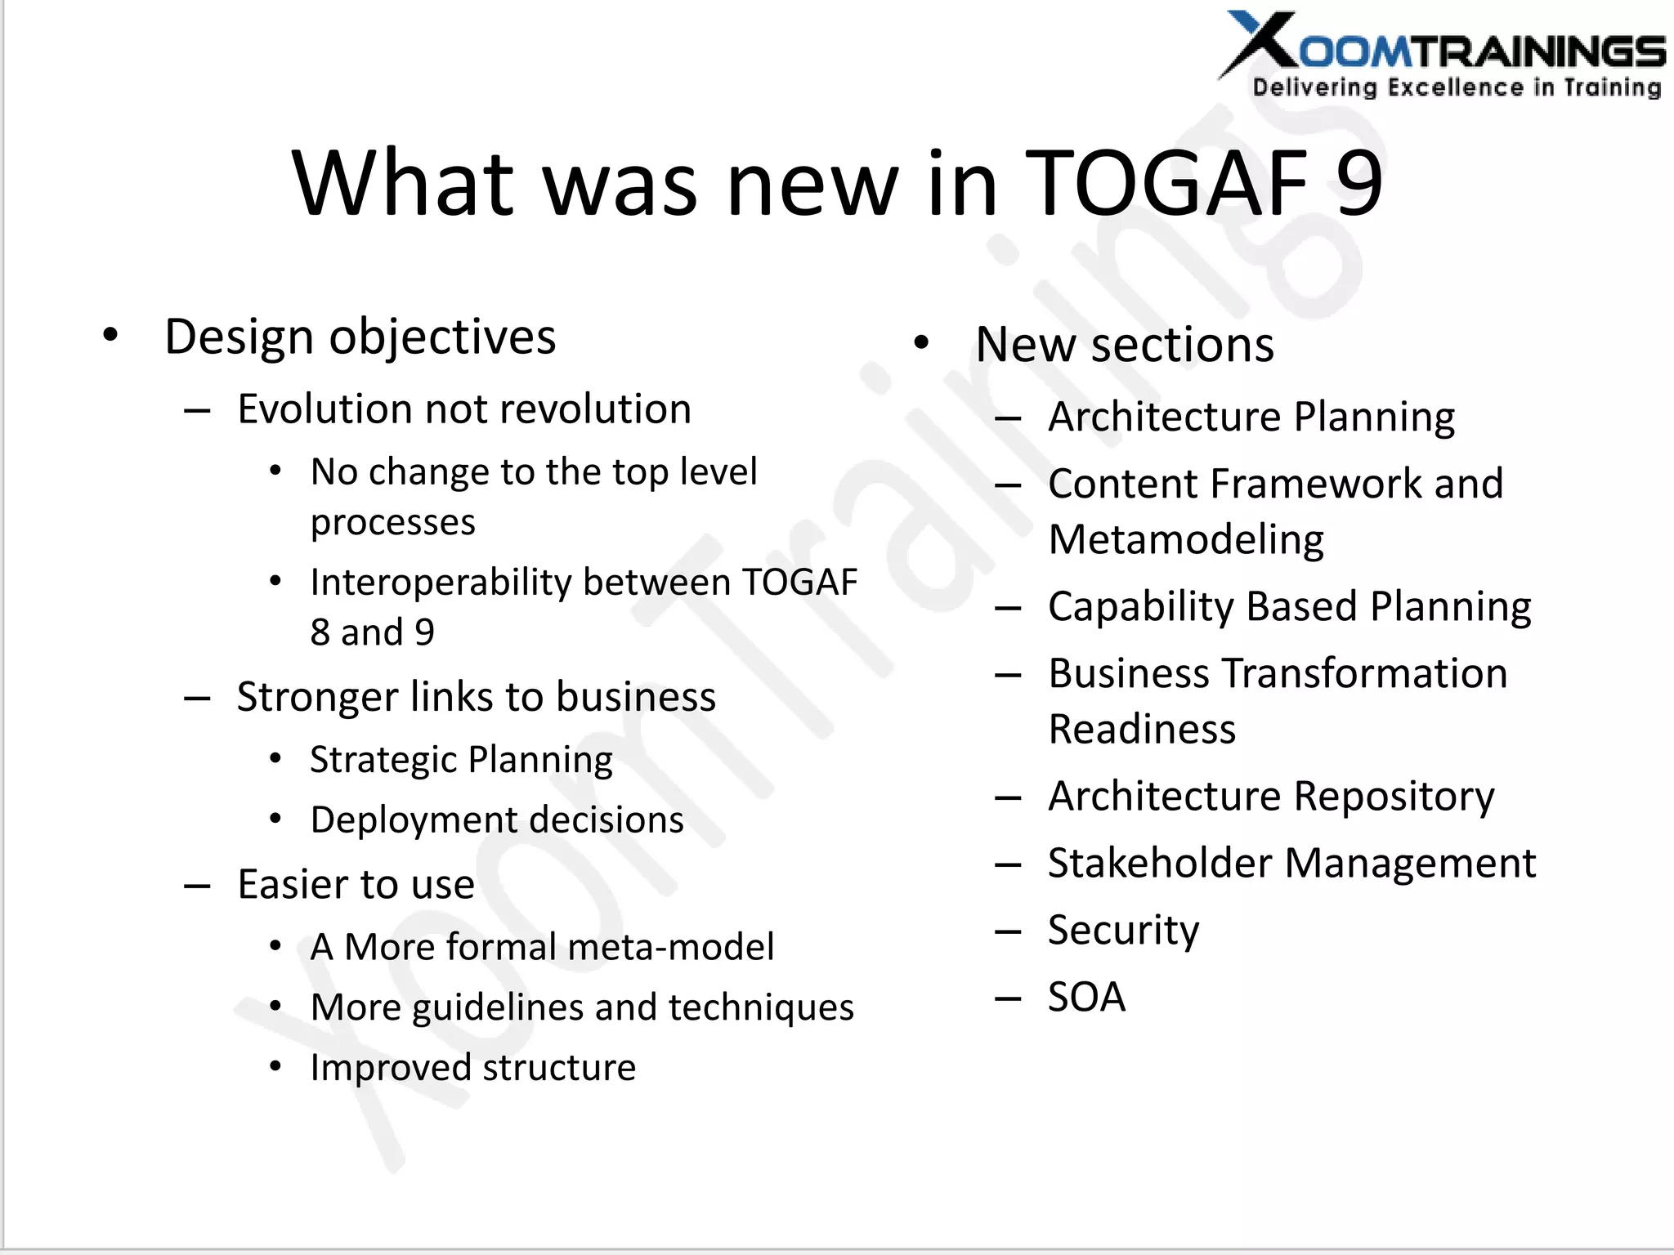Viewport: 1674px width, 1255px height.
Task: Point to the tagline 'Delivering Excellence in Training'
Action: click(x=1457, y=87)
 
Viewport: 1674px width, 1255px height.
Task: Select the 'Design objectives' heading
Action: click(x=360, y=337)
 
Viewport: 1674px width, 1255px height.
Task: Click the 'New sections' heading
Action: click(x=1124, y=344)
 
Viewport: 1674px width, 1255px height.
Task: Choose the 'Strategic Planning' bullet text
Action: click(x=461, y=760)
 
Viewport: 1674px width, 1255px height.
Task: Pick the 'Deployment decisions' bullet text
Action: click(x=497, y=820)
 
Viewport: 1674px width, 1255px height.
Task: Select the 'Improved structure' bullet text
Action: click(x=472, y=1067)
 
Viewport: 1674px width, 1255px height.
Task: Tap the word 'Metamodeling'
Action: click(x=1185, y=540)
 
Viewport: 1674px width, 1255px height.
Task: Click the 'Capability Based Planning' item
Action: click(x=1289, y=607)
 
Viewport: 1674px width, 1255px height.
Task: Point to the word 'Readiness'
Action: click(x=1142, y=729)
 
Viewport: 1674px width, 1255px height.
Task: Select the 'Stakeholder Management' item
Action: click(x=1291, y=864)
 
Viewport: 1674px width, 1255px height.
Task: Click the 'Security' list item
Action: click(x=1123, y=931)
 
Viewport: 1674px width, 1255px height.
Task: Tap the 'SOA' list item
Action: click(x=1086, y=997)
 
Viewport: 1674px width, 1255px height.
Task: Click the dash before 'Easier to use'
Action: click(x=198, y=886)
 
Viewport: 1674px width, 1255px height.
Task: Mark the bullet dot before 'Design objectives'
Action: click(x=110, y=335)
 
